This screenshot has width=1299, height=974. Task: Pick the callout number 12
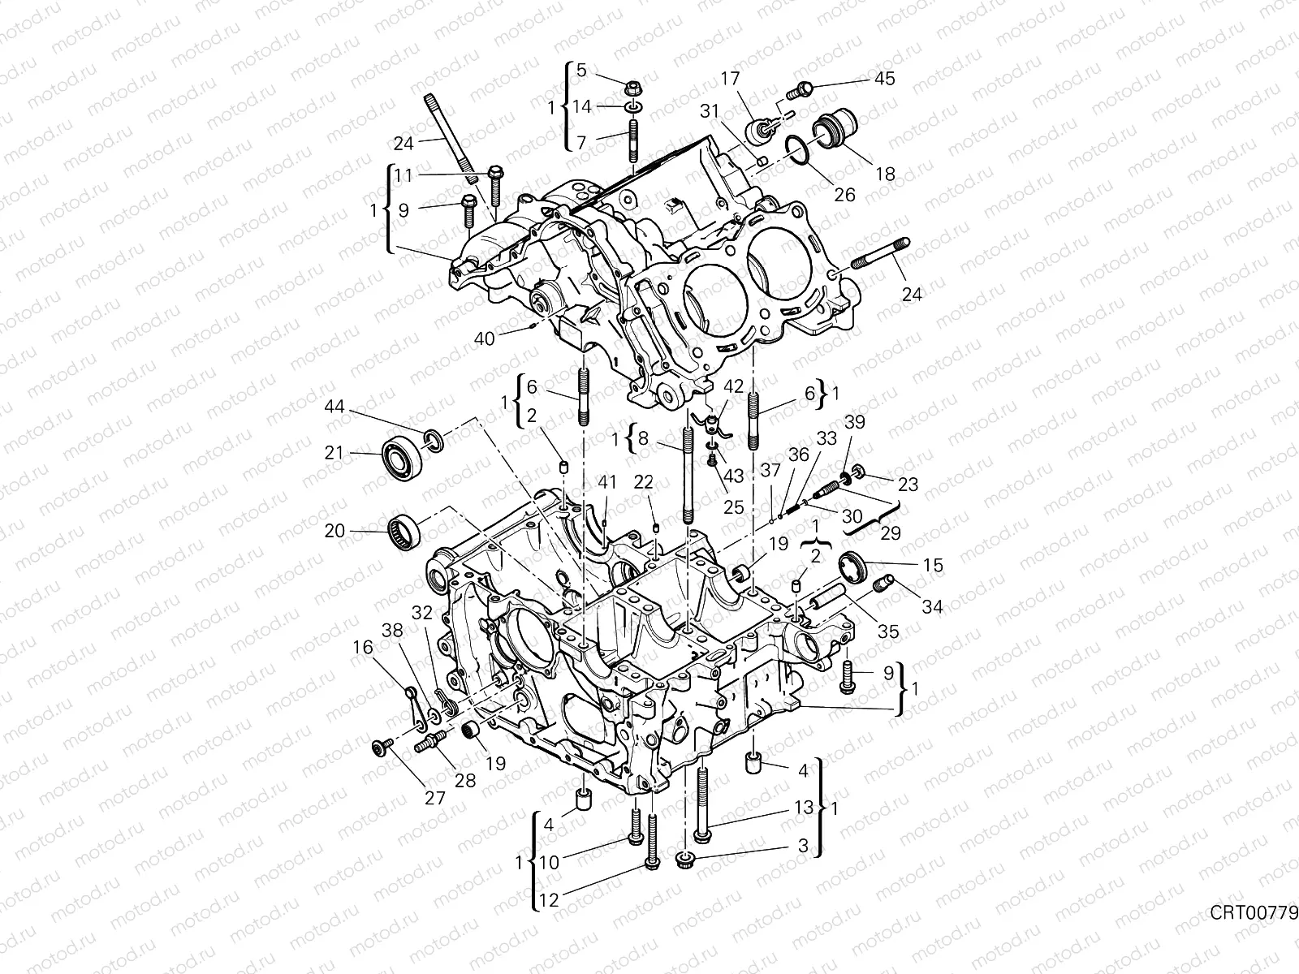[550, 899]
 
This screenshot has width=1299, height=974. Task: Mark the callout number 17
[730, 79]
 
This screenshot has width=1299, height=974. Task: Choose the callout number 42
[732, 387]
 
